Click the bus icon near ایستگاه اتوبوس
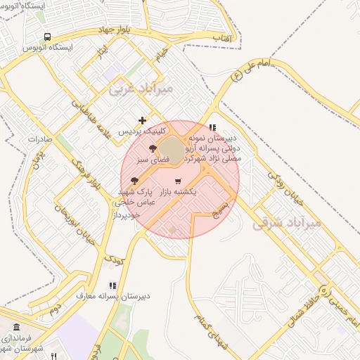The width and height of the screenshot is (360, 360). [47, 37]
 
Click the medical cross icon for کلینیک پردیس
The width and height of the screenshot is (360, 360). [143, 121]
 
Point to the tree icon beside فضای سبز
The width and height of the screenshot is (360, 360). [153, 148]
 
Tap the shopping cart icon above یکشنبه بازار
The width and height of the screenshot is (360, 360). [178, 181]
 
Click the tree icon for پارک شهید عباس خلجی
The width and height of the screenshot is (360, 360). [134, 181]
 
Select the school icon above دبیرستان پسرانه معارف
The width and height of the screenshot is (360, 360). [112, 285]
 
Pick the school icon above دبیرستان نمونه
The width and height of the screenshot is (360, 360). [213, 127]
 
